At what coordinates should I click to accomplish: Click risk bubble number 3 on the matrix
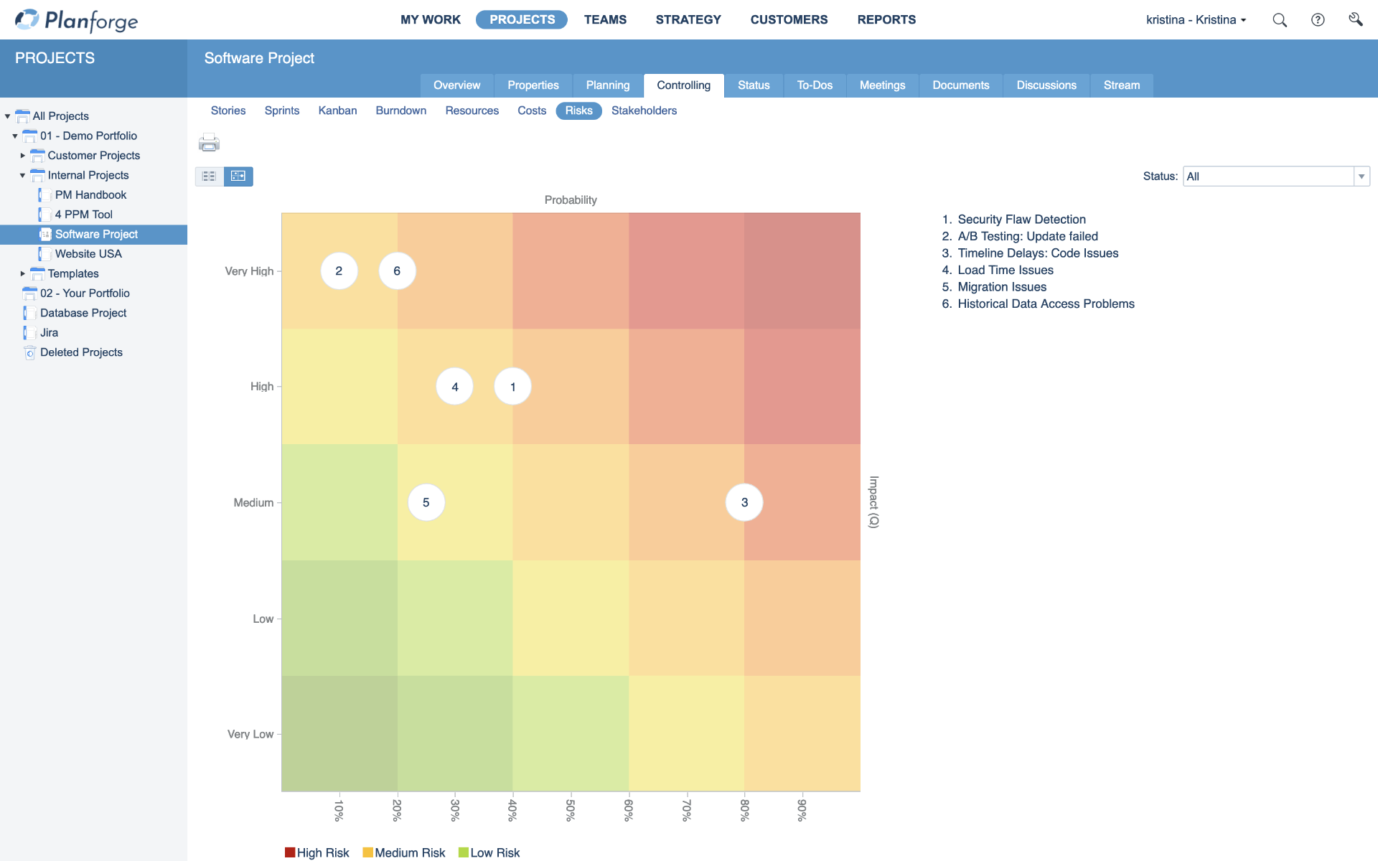coord(744,502)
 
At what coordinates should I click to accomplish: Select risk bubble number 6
coord(397,271)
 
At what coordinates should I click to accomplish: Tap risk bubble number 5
coord(426,502)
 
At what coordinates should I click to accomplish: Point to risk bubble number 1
coord(512,387)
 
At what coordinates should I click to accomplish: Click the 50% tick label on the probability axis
coord(571,810)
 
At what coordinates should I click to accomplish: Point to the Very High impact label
coord(249,271)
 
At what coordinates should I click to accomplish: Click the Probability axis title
coord(571,200)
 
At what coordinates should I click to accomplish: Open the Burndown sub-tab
coord(400,110)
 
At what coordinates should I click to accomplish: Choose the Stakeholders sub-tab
coord(644,110)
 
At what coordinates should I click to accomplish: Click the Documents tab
coord(960,85)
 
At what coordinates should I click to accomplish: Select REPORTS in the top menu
coord(886,19)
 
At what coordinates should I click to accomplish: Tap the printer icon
coord(209,143)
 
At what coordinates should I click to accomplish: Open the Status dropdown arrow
coord(1361,177)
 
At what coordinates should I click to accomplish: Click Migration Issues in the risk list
coord(1002,287)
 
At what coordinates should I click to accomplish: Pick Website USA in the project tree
coord(88,254)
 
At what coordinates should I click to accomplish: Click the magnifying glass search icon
coord(1280,20)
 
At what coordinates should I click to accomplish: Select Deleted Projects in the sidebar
coord(81,352)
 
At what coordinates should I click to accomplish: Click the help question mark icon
coord(1318,20)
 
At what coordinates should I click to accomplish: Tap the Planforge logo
coord(77,20)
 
